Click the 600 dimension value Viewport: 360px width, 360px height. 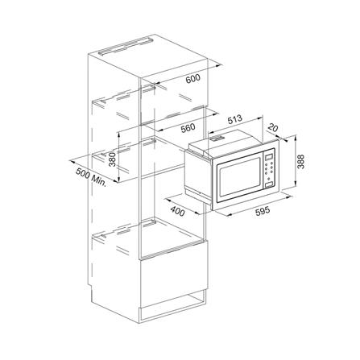pos(193,78)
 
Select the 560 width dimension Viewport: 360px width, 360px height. pos(188,128)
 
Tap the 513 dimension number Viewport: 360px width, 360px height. pos(234,119)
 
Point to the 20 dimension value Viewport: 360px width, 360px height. pos(273,127)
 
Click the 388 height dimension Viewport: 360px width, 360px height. pos(301,162)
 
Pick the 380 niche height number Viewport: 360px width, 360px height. pos(112,159)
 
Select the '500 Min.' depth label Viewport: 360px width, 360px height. pos(91,177)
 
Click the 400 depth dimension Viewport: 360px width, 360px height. pos(177,211)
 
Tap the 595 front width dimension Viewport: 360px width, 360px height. pos(263,211)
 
